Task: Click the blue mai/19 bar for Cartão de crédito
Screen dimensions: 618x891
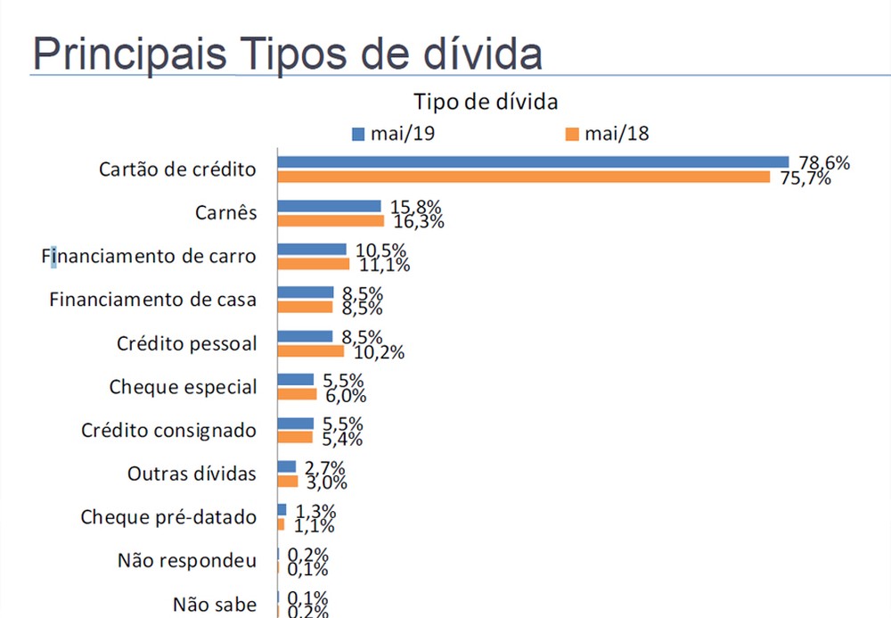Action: pos(533,162)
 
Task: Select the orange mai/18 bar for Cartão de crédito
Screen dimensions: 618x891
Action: pos(524,177)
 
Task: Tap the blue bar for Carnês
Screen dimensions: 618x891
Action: pos(329,206)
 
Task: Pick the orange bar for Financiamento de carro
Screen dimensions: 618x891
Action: pos(314,264)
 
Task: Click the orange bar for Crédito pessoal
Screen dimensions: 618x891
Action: pos(311,350)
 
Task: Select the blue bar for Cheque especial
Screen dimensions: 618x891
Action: pos(296,380)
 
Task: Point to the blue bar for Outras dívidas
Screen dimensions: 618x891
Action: pos(287,466)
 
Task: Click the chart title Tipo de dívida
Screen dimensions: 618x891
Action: pos(486,101)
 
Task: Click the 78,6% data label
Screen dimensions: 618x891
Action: pos(824,163)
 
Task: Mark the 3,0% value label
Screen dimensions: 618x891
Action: pos(325,482)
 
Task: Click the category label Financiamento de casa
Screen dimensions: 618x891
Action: pos(152,300)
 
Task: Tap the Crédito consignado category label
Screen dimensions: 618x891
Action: pos(168,431)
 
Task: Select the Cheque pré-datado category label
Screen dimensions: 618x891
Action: pos(168,517)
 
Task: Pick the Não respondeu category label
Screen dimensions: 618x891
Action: pos(187,561)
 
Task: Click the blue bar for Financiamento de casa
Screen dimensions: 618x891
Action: pos(305,293)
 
